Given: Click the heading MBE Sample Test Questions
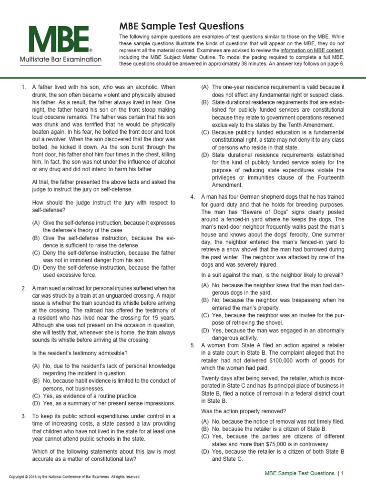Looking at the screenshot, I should pyautogui.click(x=174, y=26).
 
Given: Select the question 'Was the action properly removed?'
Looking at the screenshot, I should pyautogui.click(x=243, y=411).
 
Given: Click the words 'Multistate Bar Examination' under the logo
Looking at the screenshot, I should pyautogui.click(x=60, y=59).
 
